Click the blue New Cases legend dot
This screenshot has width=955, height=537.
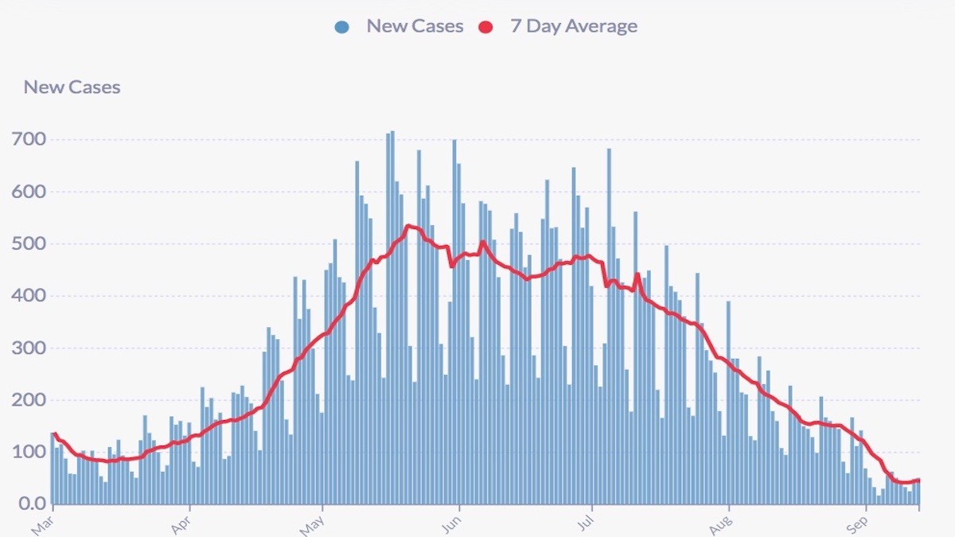tap(342, 27)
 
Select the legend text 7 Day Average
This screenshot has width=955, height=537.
tap(573, 26)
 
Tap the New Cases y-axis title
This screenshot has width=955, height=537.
tap(72, 87)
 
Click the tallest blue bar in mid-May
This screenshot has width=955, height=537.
tap(392, 318)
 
